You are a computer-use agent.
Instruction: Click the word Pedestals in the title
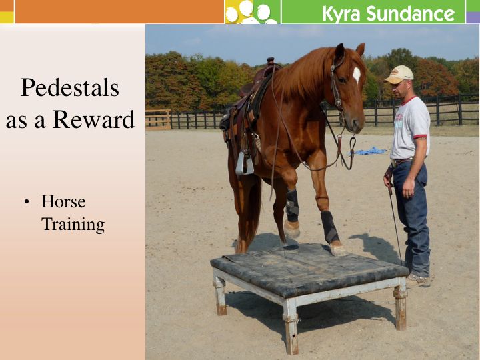coord(70,87)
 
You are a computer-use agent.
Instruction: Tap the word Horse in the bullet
coord(63,201)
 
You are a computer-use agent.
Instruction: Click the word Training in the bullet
coord(73,225)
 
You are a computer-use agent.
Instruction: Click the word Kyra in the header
coord(342,13)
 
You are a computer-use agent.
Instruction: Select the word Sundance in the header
coord(411,13)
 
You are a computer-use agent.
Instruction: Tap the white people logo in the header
coord(251,12)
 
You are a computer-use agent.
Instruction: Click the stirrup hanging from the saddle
coord(243,162)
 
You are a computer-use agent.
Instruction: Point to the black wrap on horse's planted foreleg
coord(329,227)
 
